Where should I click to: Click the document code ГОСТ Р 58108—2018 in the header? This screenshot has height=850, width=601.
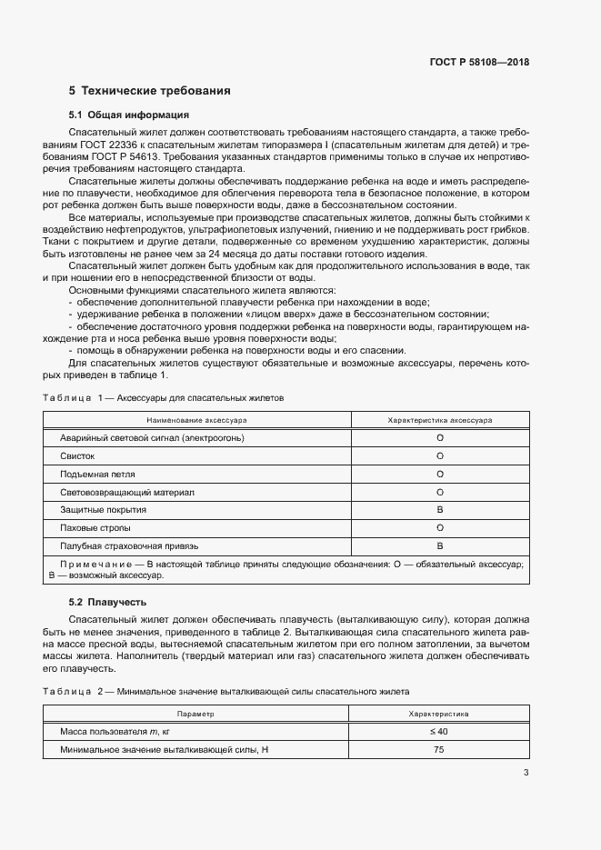tap(478, 63)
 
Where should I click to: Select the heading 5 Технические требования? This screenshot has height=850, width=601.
tap(149, 91)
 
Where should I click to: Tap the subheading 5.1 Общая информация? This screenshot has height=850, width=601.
tap(128, 115)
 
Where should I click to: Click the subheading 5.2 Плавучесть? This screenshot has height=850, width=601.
tap(107, 602)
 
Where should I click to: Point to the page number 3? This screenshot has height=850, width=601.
tap(526, 773)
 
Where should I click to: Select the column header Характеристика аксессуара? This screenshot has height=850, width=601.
tap(440, 421)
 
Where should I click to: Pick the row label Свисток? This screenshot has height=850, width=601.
tap(77, 456)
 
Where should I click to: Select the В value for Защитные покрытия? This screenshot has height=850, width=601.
tap(440, 510)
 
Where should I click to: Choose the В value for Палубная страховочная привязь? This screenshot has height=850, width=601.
tap(440, 546)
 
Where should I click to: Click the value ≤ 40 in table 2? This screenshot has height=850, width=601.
tap(440, 732)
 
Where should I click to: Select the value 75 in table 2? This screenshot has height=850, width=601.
tap(440, 750)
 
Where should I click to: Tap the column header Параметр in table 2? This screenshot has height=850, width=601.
tap(196, 715)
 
